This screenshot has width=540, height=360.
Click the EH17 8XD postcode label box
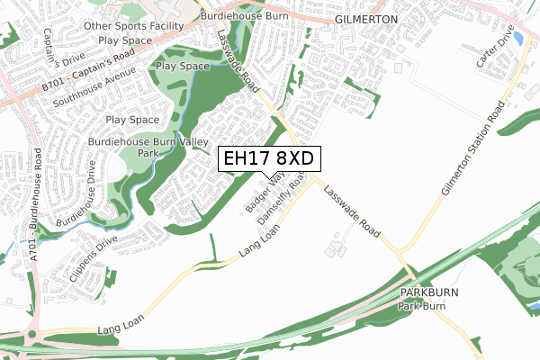tap(269, 158)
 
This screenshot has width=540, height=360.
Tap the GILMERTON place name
tap(365, 18)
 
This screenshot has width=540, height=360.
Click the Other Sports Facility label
tap(127, 27)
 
